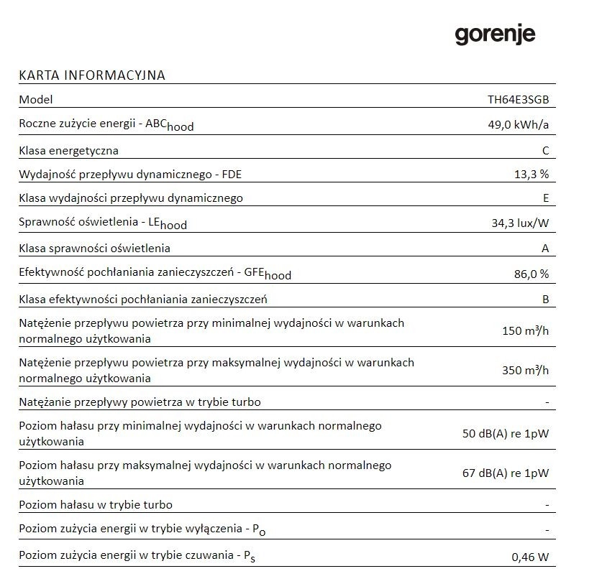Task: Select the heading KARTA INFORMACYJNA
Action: pyautogui.click(x=92, y=75)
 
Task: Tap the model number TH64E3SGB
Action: pyautogui.click(x=518, y=100)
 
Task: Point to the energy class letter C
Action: pyautogui.click(x=546, y=150)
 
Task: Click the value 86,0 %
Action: pyautogui.click(x=529, y=274)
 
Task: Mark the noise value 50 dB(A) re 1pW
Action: pyautogui.click(x=506, y=434)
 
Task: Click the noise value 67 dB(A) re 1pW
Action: pyautogui.click(x=506, y=473)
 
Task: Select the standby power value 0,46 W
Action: pyautogui.click(x=530, y=557)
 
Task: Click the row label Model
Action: pyautogui.click(x=36, y=100)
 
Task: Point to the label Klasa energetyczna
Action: pyautogui.click(x=68, y=150)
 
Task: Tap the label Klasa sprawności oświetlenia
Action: pyautogui.click(x=95, y=248)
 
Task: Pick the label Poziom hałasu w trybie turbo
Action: pyautogui.click(x=96, y=504)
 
